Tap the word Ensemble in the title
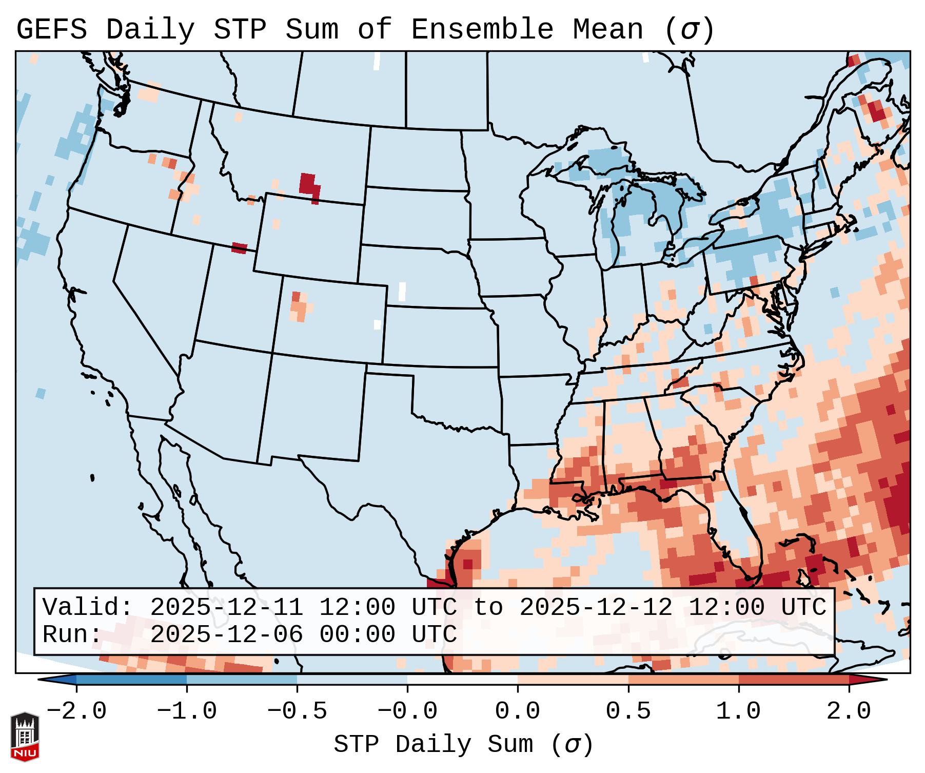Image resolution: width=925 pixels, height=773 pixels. tap(482, 30)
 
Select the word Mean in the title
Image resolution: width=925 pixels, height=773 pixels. tap(607, 30)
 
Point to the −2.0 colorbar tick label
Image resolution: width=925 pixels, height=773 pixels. tap(76, 711)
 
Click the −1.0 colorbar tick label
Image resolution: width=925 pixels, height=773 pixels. tap(187, 711)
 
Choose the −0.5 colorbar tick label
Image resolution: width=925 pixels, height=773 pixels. tap(297, 711)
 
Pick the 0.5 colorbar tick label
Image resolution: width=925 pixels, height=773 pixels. tap(628, 711)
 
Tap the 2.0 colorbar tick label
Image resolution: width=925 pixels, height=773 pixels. tap(849, 711)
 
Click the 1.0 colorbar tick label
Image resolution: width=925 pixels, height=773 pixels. tap(738, 711)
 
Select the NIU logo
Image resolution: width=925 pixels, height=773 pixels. tap(25, 737)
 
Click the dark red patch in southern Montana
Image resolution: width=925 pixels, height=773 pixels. tap(309, 186)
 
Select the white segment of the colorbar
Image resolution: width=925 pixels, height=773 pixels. tap(462, 680)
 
